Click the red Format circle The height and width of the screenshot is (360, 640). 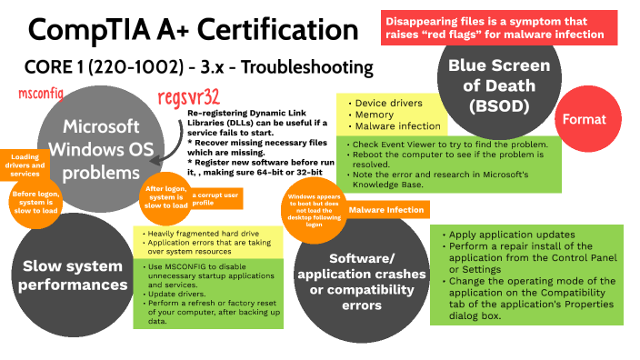tap(585, 119)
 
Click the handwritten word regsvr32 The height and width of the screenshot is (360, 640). tap(187, 96)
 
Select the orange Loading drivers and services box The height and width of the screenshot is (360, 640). tap(25, 167)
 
